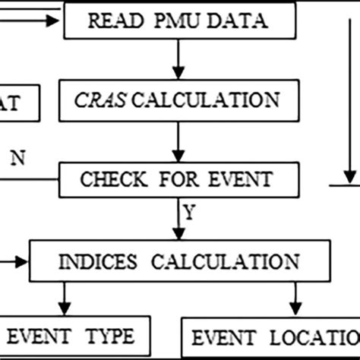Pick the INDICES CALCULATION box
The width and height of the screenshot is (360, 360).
(x=179, y=261)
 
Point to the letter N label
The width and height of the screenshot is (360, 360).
(x=16, y=159)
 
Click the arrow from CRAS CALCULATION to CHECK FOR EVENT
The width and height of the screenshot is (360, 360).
(x=178, y=141)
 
